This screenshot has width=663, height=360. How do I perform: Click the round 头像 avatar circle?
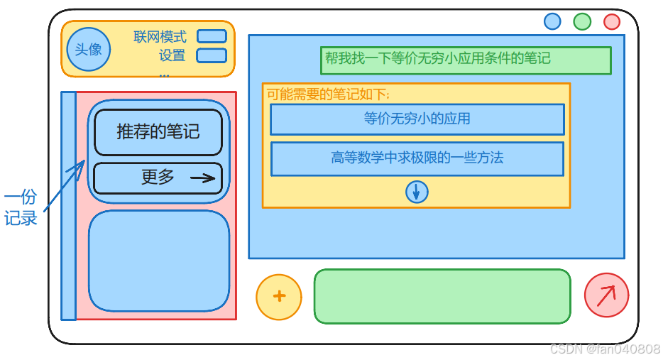(x=88, y=50)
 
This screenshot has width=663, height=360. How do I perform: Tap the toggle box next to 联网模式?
(x=212, y=36)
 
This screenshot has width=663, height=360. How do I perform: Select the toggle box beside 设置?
(x=212, y=55)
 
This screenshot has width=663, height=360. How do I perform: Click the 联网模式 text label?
(x=160, y=37)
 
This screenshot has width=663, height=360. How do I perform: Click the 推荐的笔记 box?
(x=158, y=132)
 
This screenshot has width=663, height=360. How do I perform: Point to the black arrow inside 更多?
(x=203, y=178)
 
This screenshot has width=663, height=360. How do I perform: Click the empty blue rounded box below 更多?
(x=159, y=260)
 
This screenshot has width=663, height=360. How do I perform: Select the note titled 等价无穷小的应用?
(x=417, y=119)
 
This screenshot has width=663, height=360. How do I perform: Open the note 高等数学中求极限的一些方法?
(x=417, y=158)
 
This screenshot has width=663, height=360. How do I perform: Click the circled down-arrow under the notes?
(x=417, y=192)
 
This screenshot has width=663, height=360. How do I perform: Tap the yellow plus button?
(x=279, y=297)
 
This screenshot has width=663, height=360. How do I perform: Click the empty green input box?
(x=442, y=296)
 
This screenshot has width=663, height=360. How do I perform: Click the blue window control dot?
(x=552, y=21)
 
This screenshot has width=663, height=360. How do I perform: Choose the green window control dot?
(x=582, y=21)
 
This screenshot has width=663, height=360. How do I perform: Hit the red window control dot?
(x=612, y=21)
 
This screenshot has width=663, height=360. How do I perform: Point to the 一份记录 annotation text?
(x=21, y=208)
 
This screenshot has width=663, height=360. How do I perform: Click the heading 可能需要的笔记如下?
(x=328, y=94)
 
